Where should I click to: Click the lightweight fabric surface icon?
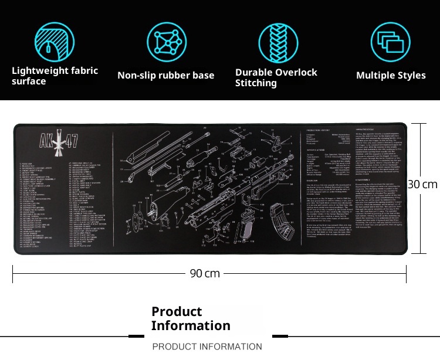(55, 42)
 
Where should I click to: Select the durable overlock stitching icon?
(278, 42)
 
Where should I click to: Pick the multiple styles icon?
(390, 42)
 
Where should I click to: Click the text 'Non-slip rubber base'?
(166, 75)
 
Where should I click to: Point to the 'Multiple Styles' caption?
(391, 75)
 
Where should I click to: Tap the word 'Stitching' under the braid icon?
(256, 83)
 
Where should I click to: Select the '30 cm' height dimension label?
(422, 184)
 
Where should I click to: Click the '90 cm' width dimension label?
(205, 273)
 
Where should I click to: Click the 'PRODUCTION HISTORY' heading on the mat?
(318, 130)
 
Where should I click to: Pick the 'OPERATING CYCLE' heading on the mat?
(367, 128)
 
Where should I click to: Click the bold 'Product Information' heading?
(191, 318)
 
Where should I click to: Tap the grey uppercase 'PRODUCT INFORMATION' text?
(207, 347)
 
